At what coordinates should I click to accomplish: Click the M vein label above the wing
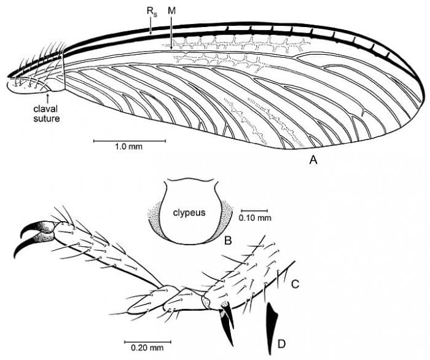click(171, 10)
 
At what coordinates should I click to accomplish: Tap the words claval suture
click(46, 114)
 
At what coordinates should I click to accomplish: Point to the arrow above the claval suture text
click(49, 98)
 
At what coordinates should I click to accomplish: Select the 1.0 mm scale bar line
click(130, 141)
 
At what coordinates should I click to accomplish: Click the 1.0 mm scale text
click(128, 147)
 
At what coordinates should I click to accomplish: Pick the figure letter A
click(313, 159)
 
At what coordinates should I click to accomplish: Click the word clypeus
click(189, 213)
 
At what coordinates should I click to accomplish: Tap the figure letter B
click(228, 240)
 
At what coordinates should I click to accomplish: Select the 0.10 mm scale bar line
click(254, 211)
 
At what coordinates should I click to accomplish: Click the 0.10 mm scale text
click(255, 218)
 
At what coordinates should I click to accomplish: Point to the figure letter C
click(295, 284)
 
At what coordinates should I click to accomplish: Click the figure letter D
click(281, 343)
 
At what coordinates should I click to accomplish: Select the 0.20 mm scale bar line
click(148, 342)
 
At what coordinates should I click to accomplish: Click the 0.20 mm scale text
click(147, 348)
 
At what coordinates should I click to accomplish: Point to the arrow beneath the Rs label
click(150, 26)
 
